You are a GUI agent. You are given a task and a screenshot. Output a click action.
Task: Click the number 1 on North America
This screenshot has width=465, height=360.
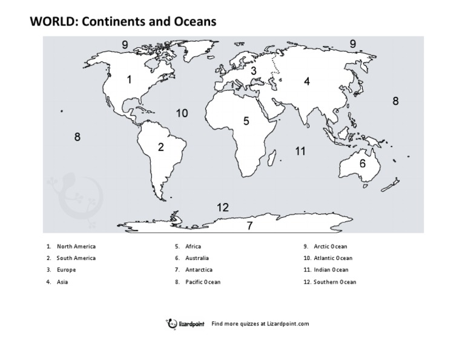coord(129,79)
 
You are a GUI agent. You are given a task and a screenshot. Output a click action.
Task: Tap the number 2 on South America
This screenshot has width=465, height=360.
coord(161,147)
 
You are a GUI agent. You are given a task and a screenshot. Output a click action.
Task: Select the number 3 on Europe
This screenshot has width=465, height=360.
coord(254,71)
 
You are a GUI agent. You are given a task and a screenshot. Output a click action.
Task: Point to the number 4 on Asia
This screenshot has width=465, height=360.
coord(307,81)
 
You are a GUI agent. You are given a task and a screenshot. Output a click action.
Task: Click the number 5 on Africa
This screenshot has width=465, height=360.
coord(246,121)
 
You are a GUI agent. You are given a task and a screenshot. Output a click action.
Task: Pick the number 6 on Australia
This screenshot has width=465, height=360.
coord(363,164)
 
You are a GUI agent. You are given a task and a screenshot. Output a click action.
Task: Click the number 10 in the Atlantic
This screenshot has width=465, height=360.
coord(182,113)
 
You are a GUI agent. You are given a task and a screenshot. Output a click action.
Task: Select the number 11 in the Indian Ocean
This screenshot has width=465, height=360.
coord(300,152)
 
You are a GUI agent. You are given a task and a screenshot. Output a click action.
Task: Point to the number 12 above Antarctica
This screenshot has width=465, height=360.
coord(223,208)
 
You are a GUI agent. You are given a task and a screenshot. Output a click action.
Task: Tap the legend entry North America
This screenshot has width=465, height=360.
coord(76,247)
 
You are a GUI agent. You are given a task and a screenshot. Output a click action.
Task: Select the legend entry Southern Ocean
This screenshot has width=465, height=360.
coord(335,282)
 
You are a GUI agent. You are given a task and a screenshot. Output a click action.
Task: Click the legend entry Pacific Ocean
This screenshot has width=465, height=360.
coord(203,282)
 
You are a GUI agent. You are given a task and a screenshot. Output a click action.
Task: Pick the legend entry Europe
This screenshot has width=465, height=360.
coord(66,270)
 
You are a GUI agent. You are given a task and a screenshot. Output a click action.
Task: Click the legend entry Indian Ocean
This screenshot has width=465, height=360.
coord(331,270)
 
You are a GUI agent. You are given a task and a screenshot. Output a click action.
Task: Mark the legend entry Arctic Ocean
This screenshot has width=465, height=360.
coord(331,247)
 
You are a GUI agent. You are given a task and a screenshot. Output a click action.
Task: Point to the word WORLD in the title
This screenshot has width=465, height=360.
coord(53,22)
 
